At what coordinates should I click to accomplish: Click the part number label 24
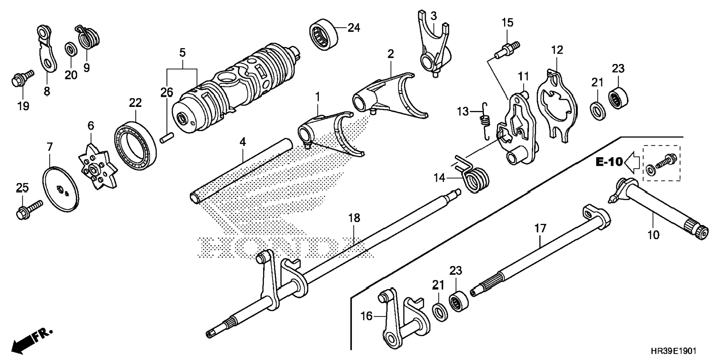(354, 28)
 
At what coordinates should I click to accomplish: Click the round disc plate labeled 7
(61, 189)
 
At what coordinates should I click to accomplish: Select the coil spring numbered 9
(88, 37)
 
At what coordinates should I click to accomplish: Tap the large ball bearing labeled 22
(135, 145)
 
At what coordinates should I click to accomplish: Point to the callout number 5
(182, 53)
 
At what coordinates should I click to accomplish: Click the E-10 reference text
(609, 162)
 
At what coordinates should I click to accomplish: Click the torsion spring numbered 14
(474, 177)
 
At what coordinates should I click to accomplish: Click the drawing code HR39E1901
(673, 351)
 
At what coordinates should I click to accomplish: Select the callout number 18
(354, 218)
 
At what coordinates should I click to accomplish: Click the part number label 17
(540, 228)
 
